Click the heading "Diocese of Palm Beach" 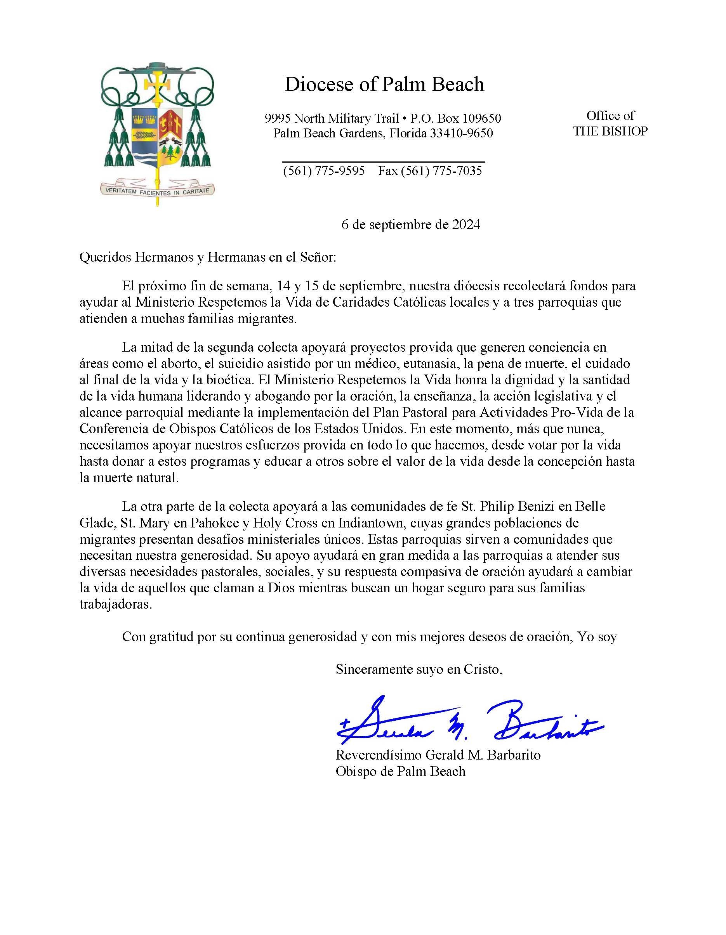tap(384, 85)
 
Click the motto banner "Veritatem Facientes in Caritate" tap(157, 191)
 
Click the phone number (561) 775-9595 tap(324, 171)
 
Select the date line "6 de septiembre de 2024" tap(410, 224)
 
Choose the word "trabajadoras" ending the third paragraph tap(116, 604)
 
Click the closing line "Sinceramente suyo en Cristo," tap(419, 669)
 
